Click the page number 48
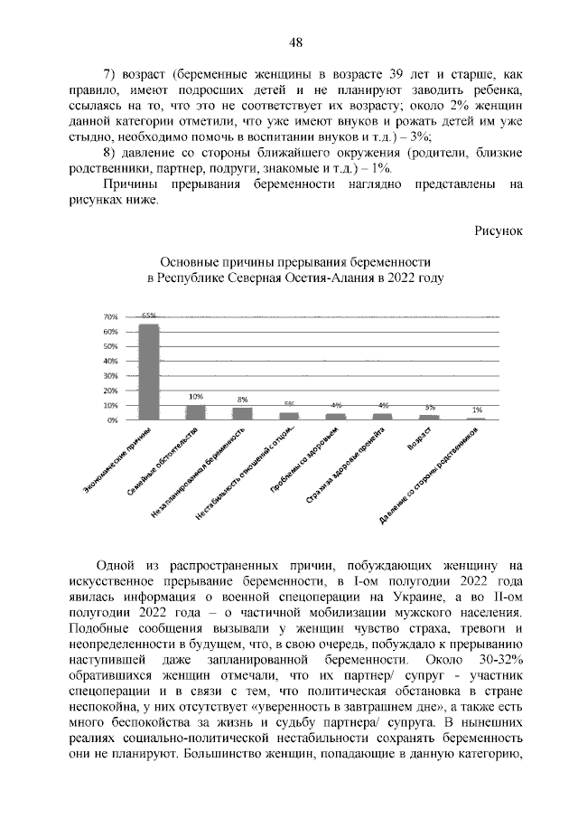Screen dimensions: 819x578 point(295,42)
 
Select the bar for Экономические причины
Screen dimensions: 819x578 point(148,372)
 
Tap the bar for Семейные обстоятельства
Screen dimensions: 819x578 point(195,412)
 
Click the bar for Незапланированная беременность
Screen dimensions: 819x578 point(242,413)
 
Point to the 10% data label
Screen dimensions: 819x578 point(195,397)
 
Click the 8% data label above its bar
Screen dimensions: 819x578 point(242,400)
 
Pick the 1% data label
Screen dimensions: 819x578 point(477,410)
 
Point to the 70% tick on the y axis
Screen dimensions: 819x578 point(112,317)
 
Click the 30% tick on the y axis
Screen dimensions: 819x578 point(112,376)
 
